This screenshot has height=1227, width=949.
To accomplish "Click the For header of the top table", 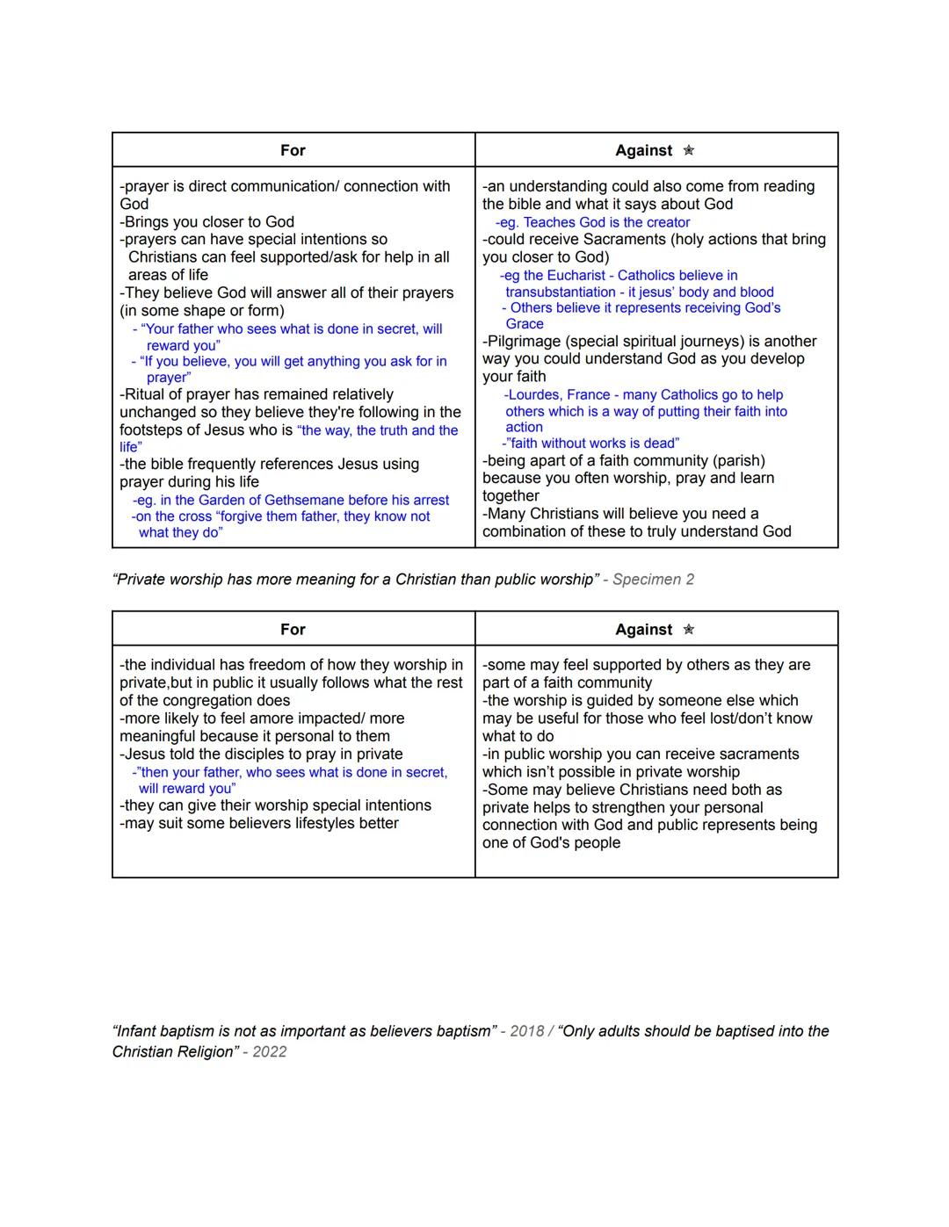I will pos(293,150).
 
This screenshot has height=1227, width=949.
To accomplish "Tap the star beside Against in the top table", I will pos(689,150).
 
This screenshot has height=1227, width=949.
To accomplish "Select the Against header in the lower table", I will pos(643,629).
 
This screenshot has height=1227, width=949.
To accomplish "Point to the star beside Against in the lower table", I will pos(689,629).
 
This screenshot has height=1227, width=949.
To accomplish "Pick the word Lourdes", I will pos(536,394).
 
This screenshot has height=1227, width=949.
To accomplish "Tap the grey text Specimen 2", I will pos(653,579).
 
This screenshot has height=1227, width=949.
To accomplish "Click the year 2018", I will pos(527,1030).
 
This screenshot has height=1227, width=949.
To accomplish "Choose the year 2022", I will pos(270,1051).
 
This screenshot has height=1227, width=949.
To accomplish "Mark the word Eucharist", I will pos(576,275).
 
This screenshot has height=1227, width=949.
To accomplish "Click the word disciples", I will pos(226,754).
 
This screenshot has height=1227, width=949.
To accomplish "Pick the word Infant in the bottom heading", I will pos(139,1030).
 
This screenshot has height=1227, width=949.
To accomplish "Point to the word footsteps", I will pos(154,429).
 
